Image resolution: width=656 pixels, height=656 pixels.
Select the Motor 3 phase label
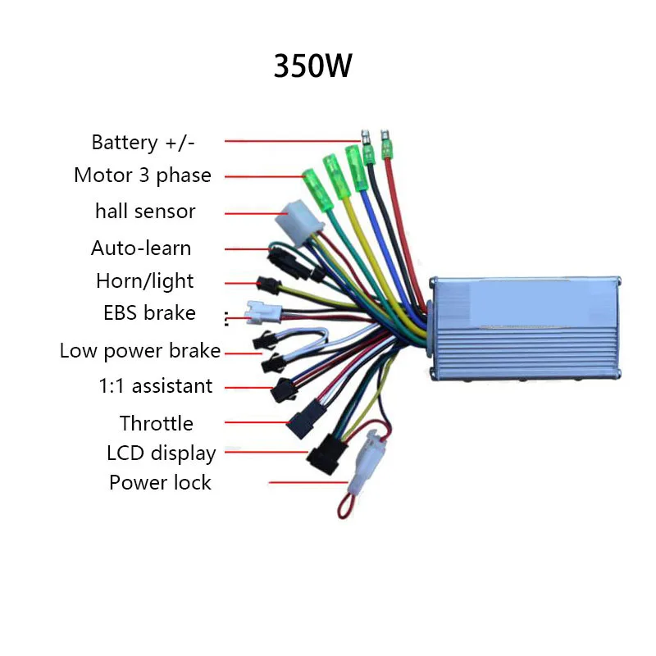pos(142,175)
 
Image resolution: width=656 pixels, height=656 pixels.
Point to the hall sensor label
pos(145,212)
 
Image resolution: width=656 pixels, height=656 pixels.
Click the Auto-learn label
pos(141,248)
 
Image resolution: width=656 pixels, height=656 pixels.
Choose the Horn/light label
pos(144,281)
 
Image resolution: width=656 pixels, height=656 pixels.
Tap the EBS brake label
pos(149,312)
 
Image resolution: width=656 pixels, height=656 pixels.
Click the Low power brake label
pos(140,351)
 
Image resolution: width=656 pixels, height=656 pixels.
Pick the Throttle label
pos(156,423)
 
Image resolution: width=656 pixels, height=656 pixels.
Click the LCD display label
pos(161,453)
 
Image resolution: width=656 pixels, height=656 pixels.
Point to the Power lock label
pos(160,482)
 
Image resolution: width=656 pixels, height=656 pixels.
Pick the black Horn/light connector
pos(268,285)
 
